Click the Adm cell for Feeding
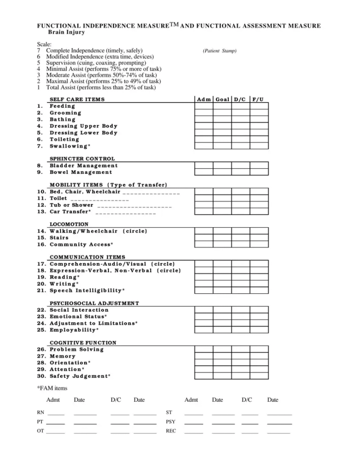[204, 106]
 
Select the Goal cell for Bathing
[222, 119]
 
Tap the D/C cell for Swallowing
[240, 146]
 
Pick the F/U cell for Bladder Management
[259, 166]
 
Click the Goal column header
[222, 99]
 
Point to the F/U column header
[258, 99]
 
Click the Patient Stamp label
[220, 51]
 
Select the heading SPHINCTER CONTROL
[82, 159]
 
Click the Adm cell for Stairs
[204, 238]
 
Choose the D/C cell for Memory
[240, 356]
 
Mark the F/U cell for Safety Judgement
[259, 376]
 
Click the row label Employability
[74, 330]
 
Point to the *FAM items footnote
[52, 388]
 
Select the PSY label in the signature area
[170, 422]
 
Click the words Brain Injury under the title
[66, 32]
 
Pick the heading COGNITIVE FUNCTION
[82, 342]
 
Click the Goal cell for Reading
[222, 277]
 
